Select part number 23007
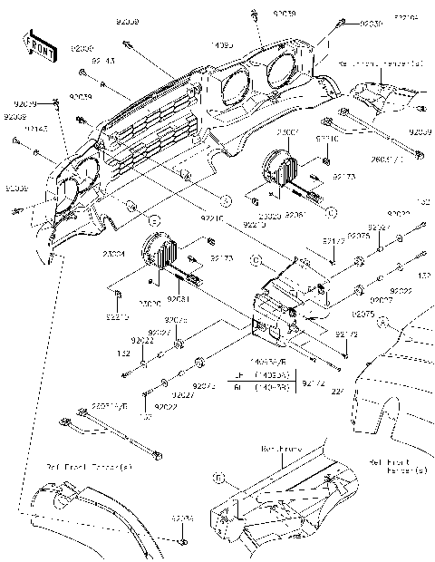pyautogui.click(x=289, y=132)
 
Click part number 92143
pyautogui.click(x=103, y=63)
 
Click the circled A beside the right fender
pyautogui.click(x=383, y=321)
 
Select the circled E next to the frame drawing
pyautogui.click(x=218, y=476)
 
